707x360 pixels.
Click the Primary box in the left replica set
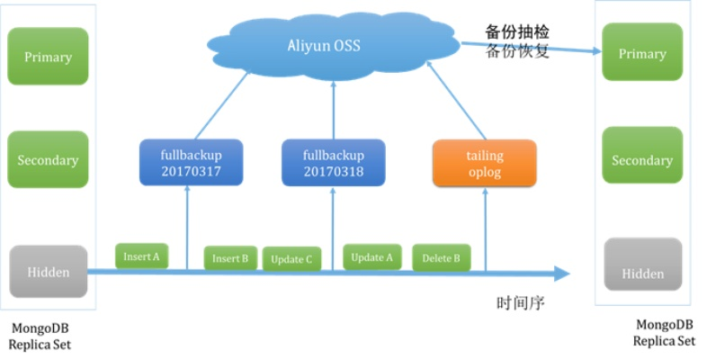[48, 57]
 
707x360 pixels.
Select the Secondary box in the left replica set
[48, 159]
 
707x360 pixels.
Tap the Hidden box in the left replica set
[48, 271]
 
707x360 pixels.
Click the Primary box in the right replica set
[642, 53]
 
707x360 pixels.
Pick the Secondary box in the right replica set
[642, 159]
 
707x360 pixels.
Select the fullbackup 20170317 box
[192, 163]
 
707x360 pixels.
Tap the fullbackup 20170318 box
[333, 163]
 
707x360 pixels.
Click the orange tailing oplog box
[484, 163]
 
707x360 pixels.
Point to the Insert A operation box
[141, 256]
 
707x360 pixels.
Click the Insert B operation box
[230, 258]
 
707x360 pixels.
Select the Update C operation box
[291, 259]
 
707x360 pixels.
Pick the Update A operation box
[372, 257]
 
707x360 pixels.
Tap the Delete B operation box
[441, 258]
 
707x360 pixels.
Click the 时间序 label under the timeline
[521, 302]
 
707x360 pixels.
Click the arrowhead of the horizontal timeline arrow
[560, 274]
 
